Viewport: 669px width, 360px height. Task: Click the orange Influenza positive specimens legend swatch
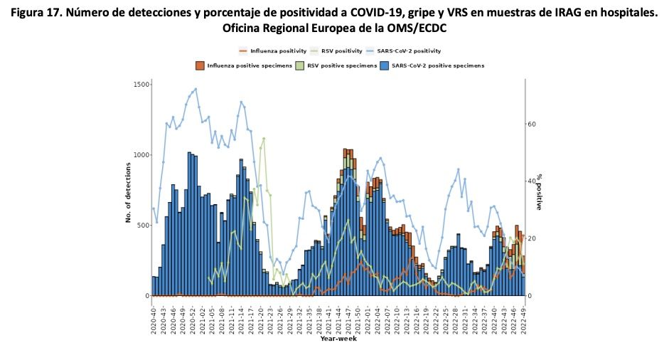tap(200, 65)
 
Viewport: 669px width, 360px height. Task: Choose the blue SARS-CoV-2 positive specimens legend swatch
tap(385, 65)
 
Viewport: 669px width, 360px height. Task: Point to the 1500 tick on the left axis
tap(141, 85)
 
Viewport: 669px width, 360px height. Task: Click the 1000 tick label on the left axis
tap(141, 155)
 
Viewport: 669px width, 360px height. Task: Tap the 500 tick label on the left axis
tap(144, 226)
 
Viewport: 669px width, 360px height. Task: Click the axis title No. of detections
tap(129, 192)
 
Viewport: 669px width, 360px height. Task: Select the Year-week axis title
tap(338, 339)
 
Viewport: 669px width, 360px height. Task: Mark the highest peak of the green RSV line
tap(264, 139)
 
